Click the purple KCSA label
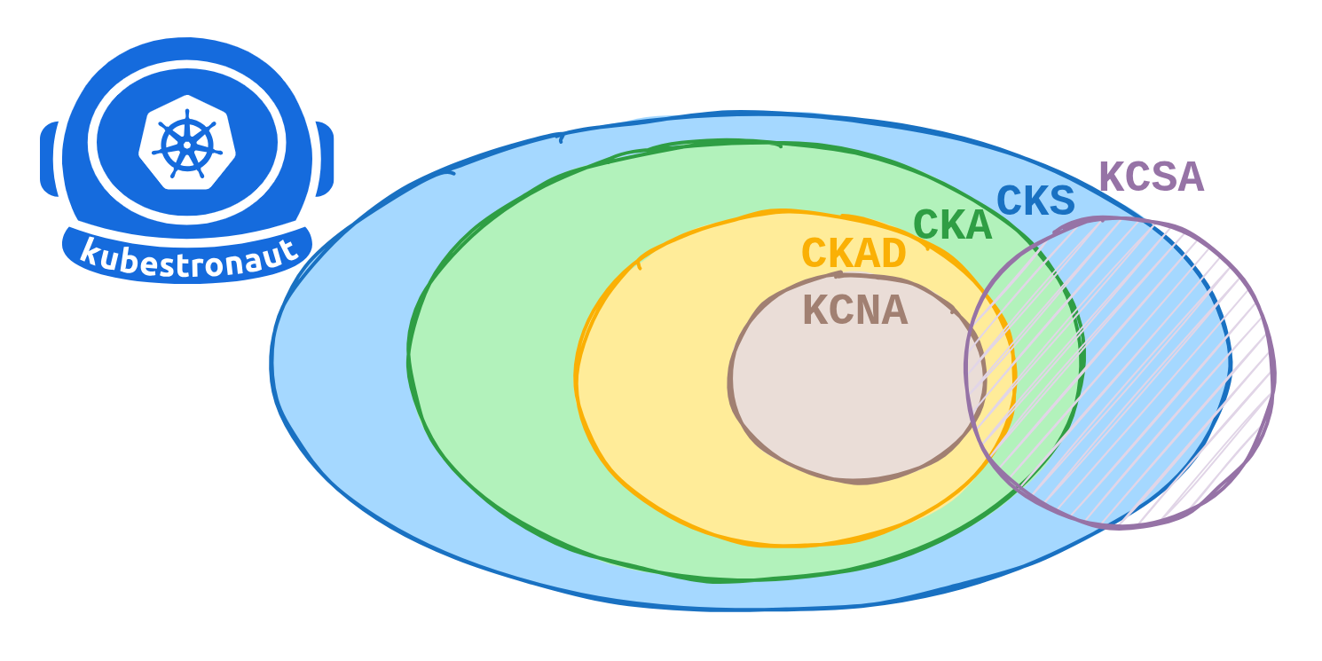click(1151, 177)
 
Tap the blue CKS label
click(1035, 201)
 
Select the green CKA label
click(952, 224)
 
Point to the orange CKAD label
click(854, 253)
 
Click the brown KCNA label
click(854, 311)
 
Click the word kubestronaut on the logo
click(188, 256)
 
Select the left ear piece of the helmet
click(50, 159)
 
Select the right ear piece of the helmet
click(325, 159)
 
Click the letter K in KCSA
click(1112, 177)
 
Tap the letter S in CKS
click(1061, 201)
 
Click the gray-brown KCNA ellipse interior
click(843, 399)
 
